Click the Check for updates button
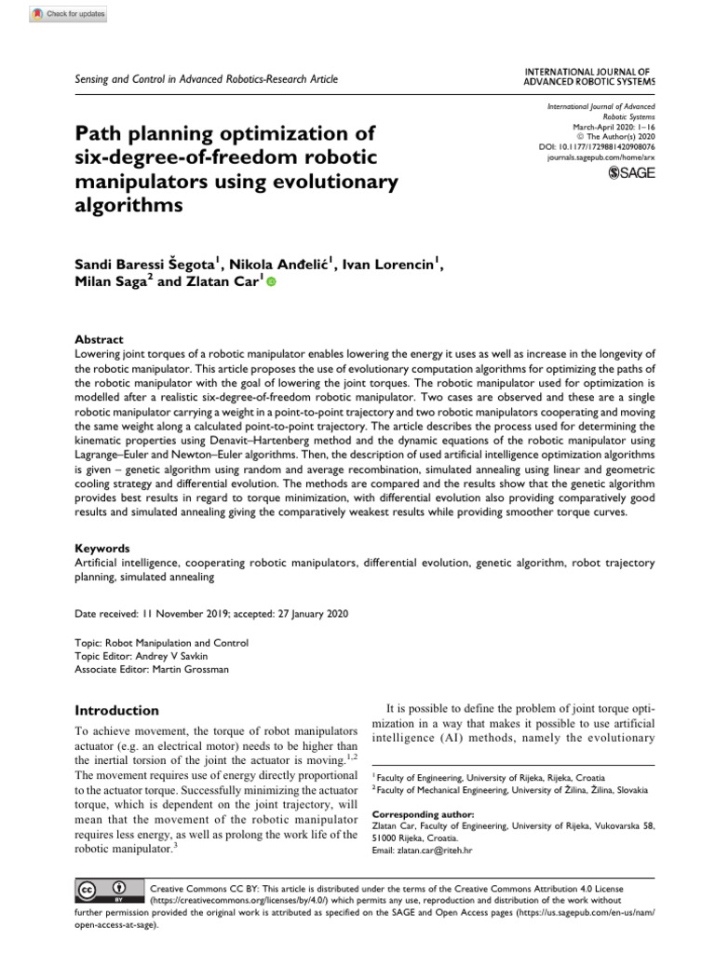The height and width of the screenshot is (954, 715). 70,14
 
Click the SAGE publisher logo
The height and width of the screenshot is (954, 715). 631,172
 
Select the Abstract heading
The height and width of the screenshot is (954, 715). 98,340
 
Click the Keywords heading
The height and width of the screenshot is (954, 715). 101,549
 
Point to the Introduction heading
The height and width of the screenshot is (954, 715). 116,710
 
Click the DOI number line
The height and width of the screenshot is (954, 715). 597,147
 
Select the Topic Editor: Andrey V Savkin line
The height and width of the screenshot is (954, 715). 147,656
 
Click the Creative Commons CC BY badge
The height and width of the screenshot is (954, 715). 103,891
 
